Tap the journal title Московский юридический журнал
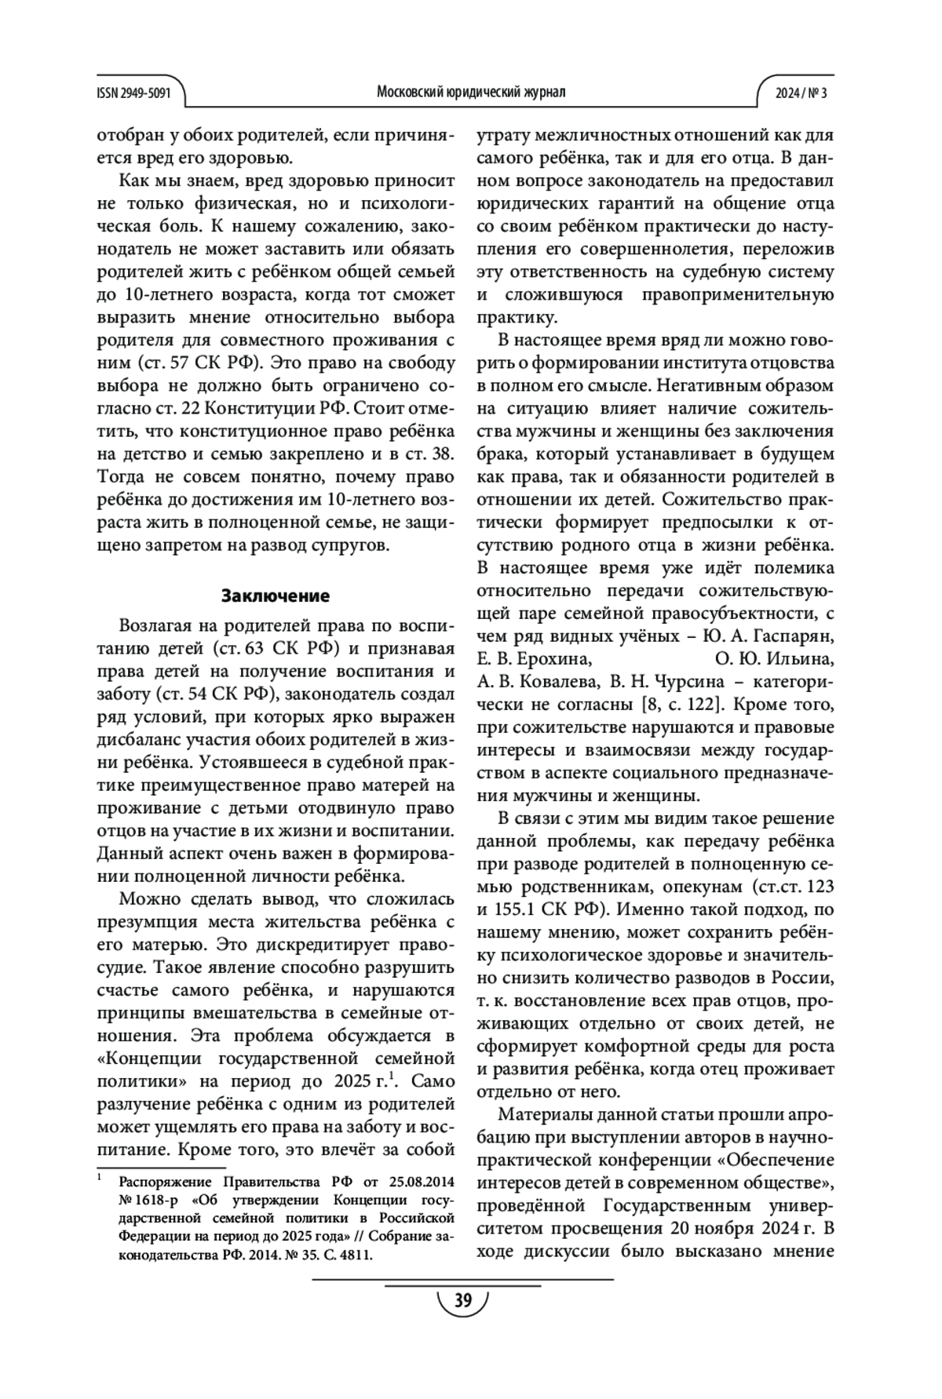pos(471,93)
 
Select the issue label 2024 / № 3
pos(801,93)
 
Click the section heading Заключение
pos(275,596)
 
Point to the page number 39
pos(463,1301)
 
